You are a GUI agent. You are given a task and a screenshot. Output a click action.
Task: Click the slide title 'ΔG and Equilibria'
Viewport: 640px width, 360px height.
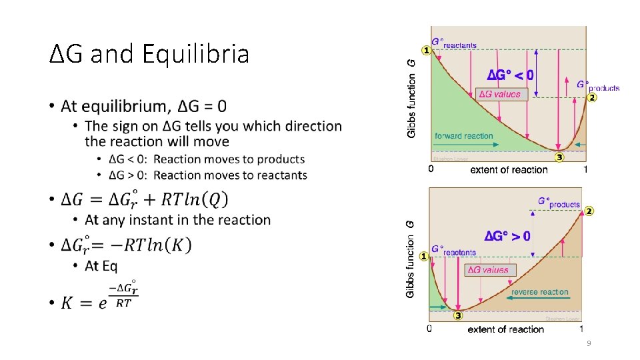pyautogui.click(x=150, y=53)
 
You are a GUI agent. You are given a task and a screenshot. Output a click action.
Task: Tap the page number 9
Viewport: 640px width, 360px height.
pyautogui.click(x=589, y=343)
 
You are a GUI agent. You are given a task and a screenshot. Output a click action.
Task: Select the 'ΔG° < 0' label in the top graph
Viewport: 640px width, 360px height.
pyautogui.click(x=510, y=73)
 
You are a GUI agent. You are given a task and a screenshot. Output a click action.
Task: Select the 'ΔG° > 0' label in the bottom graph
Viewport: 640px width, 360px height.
pyautogui.click(x=507, y=236)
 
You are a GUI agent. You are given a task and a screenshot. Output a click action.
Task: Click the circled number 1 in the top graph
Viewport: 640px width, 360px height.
pyautogui.click(x=425, y=50)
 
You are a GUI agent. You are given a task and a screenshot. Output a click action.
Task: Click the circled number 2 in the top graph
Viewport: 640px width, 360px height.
pyautogui.click(x=592, y=97)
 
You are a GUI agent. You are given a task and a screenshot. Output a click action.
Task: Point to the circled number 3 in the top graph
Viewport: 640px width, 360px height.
pyautogui.click(x=559, y=157)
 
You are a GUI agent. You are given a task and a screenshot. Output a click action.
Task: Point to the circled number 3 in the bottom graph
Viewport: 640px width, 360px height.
pyautogui.click(x=458, y=315)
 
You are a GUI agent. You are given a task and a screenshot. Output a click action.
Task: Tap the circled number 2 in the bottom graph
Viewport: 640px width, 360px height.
pyautogui.click(x=589, y=211)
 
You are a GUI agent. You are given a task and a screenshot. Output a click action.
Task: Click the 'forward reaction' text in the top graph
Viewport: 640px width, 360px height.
pyautogui.click(x=464, y=136)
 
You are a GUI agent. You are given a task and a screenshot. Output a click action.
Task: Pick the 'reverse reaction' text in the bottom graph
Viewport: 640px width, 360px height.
pyautogui.click(x=540, y=292)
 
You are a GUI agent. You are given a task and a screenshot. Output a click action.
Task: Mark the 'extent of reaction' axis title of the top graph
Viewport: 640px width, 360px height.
pyautogui.click(x=509, y=170)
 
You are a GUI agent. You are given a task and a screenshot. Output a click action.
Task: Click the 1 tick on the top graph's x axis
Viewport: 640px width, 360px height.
pyautogui.click(x=585, y=170)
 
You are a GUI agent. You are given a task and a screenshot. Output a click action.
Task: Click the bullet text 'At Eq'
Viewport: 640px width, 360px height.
pyautogui.click(x=101, y=266)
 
